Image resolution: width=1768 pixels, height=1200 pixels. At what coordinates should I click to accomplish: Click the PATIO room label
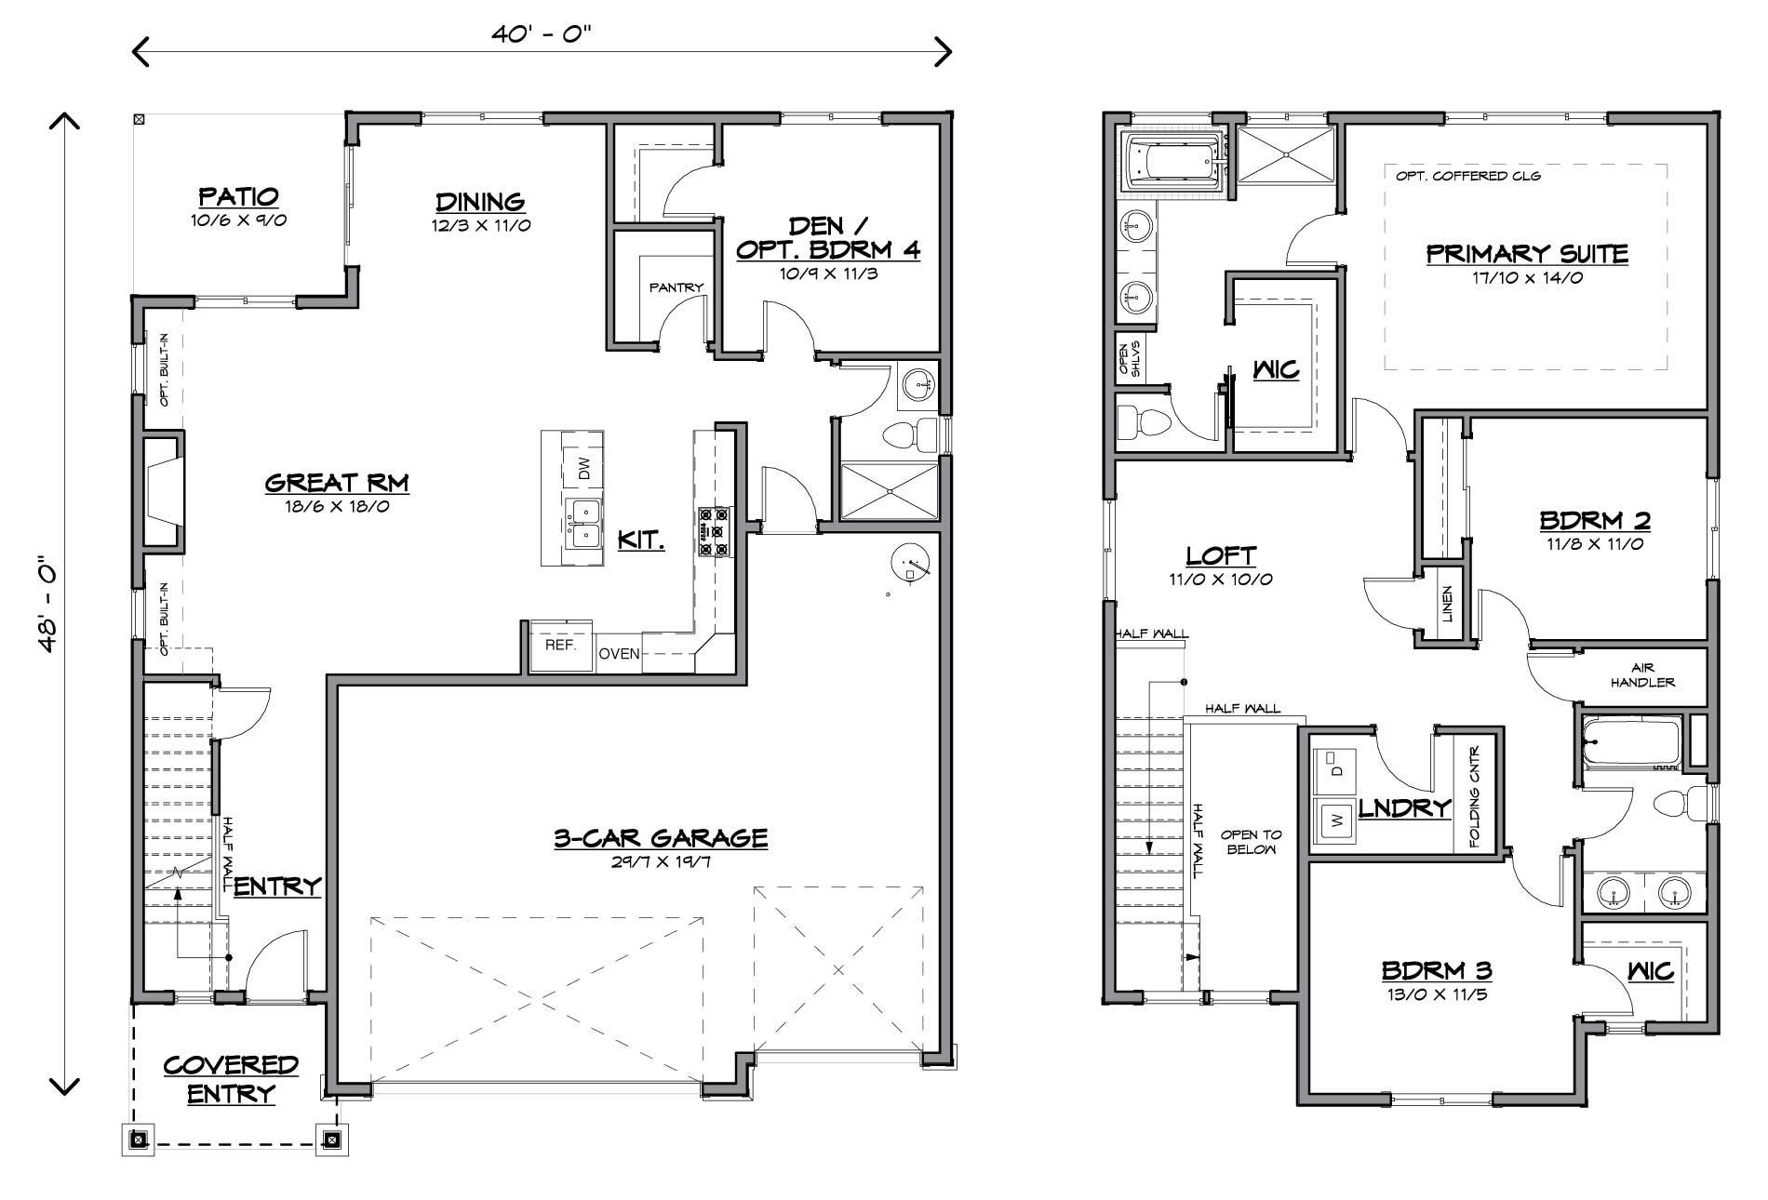pyautogui.click(x=238, y=196)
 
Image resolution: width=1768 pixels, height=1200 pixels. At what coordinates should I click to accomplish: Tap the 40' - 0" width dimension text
pyautogui.click(x=542, y=34)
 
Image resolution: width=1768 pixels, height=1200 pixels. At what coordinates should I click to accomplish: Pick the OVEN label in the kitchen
pyautogui.click(x=619, y=654)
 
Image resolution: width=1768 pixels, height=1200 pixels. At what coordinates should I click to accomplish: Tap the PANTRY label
pyautogui.click(x=676, y=287)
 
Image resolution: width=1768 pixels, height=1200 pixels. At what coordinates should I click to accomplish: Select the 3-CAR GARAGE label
pyautogui.click(x=661, y=838)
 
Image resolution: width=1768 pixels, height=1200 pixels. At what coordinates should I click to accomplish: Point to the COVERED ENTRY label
pyautogui.click(x=231, y=1078)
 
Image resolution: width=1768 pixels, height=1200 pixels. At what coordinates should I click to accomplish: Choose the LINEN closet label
pyautogui.click(x=1447, y=604)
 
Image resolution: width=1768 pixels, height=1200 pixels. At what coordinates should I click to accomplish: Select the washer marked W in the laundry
pyautogui.click(x=1336, y=820)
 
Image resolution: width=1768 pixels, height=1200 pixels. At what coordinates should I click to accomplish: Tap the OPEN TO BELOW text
pyautogui.click(x=1251, y=842)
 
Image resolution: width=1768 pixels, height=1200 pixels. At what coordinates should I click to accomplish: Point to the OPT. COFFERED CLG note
pyautogui.click(x=1468, y=176)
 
